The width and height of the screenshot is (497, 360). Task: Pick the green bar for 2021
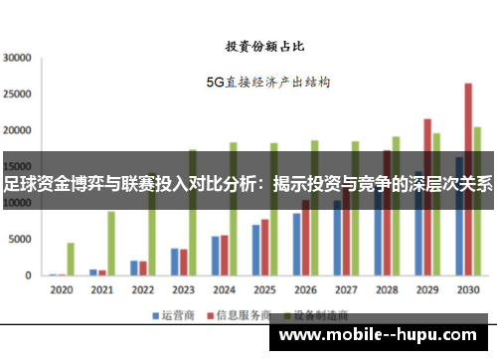(x=111, y=244)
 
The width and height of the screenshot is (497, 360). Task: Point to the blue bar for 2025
(x=255, y=250)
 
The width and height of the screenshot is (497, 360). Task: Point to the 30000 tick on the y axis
(x=19, y=58)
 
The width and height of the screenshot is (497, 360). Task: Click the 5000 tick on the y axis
(x=23, y=240)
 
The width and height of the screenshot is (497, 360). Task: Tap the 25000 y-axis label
(x=19, y=94)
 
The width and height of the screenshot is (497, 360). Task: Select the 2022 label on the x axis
(x=142, y=290)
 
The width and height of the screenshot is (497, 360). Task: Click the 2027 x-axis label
(x=346, y=290)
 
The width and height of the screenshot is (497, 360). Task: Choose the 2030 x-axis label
(x=467, y=290)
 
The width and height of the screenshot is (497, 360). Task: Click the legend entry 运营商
(x=170, y=315)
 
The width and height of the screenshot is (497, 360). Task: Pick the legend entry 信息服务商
(x=231, y=315)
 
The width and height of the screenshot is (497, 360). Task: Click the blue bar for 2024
(x=215, y=256)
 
